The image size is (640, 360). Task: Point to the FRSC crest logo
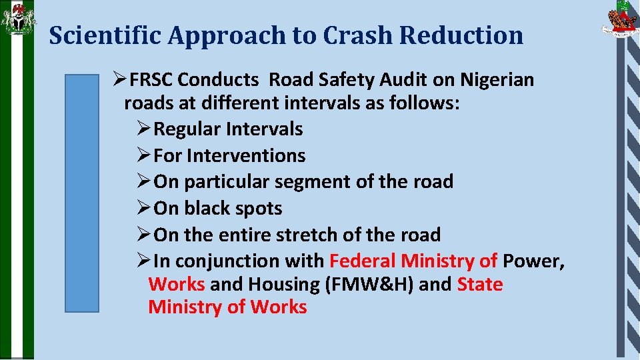click(620, 19)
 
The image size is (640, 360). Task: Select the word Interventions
click(246, 155)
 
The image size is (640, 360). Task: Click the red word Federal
click(363, 261)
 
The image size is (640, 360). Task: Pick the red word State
click(480, 284)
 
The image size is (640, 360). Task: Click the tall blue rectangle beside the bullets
click(81, 193)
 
